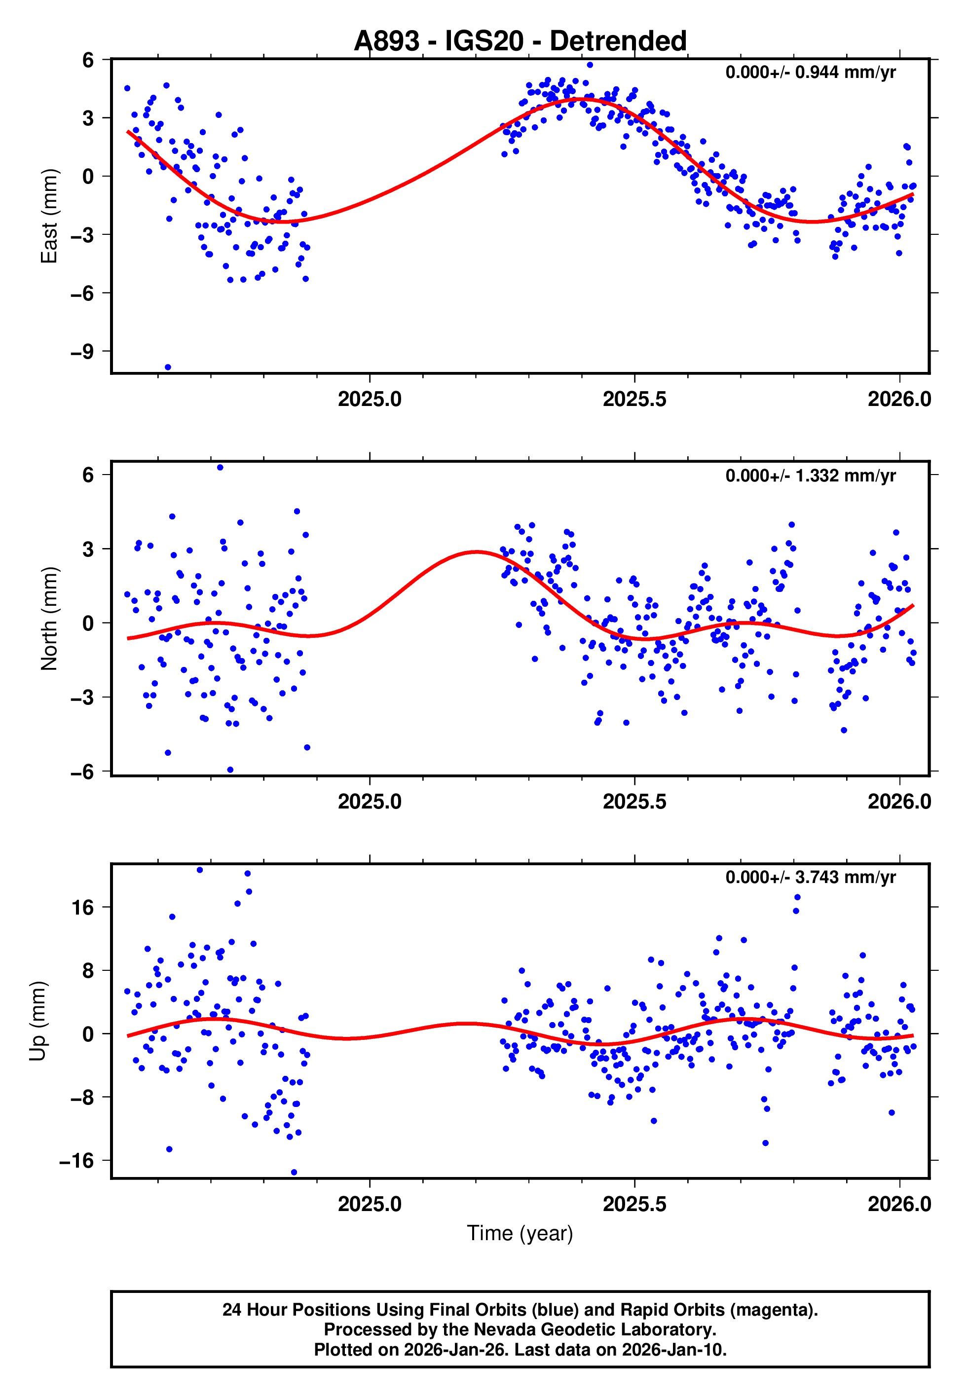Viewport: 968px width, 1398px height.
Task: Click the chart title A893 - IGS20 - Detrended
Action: pyautogui.click(x=520, y=41)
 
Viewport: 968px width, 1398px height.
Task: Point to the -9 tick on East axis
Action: pyautogui.click(x=82, y=352)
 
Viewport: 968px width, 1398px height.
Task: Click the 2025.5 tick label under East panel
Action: pyautogui.click(x=634, y=399)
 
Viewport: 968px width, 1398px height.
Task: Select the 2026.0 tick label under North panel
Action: pyautogui.click(x=899, y=802)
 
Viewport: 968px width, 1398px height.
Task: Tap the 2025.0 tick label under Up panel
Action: pyautogui.click(x=370, y=1204)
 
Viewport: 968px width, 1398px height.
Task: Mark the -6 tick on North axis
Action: pyautogui.click(x=82, y=771)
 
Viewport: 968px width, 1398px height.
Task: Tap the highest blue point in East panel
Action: pyautogui.click(x=590, y=65)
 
